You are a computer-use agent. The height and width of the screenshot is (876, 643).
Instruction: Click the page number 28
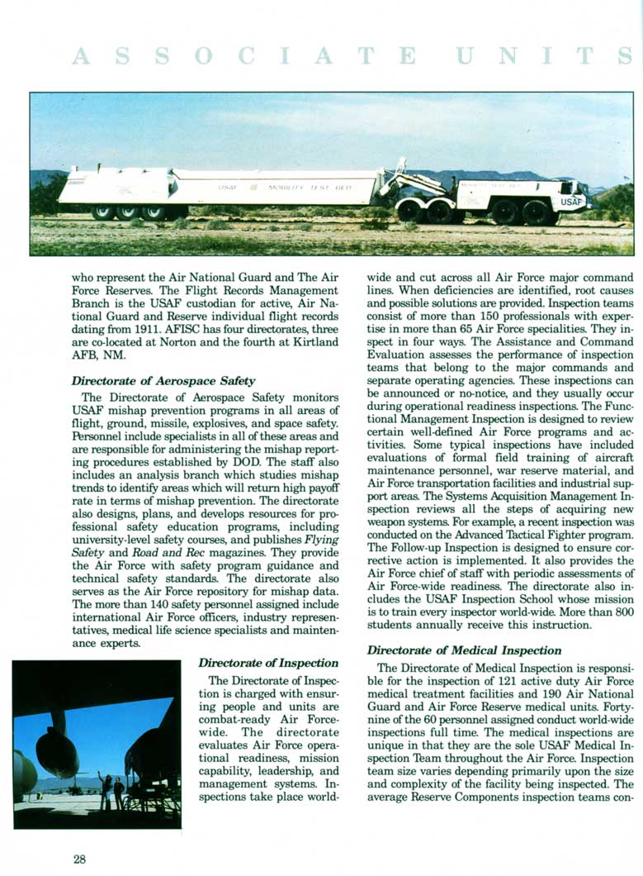pyautogui.click(x=79, y=859)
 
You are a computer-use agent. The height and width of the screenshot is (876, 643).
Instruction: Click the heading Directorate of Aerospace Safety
pyautogui.click(x=163, y=381)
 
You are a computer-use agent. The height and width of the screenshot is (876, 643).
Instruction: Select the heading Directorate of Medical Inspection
pyautogui.click(x=464, y=650)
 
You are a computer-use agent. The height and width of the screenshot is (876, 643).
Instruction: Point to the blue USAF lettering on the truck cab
pyautogui.click(x=571, y=201)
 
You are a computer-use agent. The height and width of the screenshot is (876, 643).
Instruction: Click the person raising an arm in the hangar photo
pyautogui.click(x=104, y=791)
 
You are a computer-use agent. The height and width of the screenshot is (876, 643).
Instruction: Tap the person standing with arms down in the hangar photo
pyautogui.click(x=119, y=793)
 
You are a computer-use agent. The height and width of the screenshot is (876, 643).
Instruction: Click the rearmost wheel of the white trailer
pyautogui.click(x=102, y=212)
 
